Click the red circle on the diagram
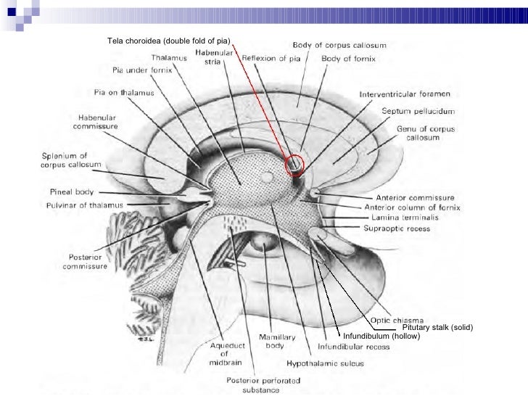point(296,166)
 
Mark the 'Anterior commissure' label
point(415,197)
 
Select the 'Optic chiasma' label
point(396,320)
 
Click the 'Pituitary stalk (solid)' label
point(437,329)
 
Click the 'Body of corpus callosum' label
point(340,44)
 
